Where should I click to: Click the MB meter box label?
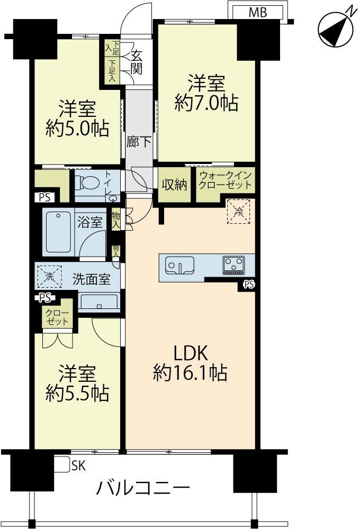(x=258, y=13)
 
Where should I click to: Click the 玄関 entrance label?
(x=137, y=62)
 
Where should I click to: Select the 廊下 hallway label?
(x=139, y=142)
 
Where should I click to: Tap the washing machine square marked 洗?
(x=50, y=277)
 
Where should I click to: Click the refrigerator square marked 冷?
(x=238, y=212)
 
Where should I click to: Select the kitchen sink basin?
(x=179, y=265)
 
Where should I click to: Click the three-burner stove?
(x=233, y=265)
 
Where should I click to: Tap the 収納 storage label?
(x=174, y=184)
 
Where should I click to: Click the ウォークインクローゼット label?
(x=226, y=180)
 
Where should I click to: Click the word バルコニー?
(x=143, y=488)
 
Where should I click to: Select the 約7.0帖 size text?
(x=206, y=103)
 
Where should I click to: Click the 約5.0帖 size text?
(x=77, y=128)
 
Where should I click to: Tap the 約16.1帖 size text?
(x=190, y=372)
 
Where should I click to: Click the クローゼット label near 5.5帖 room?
(x=57, y=317)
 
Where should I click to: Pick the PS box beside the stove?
(x=249, y=285)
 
